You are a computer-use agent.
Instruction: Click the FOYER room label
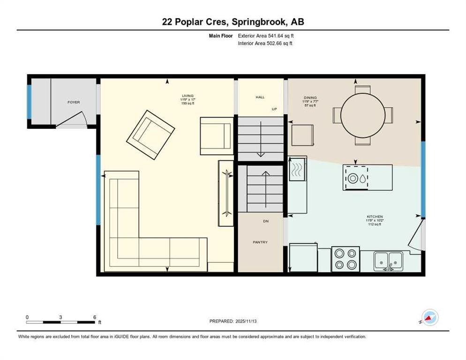[74, 102]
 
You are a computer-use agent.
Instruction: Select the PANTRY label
[260, 242]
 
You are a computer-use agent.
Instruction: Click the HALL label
[260, 97]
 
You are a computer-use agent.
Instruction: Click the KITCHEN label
[375, 217]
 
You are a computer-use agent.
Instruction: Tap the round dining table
[362, 114]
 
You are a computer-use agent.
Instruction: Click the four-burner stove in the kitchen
[346, 259]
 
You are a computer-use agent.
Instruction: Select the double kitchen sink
[389, 260]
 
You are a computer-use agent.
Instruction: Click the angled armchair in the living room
[150, 134]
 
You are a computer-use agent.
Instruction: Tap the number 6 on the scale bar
[94, 317]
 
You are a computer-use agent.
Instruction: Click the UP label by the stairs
[274, 109]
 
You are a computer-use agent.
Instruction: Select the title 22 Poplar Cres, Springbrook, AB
[233, 22]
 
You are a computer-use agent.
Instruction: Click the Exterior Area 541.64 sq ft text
[266, 36]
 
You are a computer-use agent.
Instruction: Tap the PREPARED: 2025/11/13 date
[233, 321]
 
